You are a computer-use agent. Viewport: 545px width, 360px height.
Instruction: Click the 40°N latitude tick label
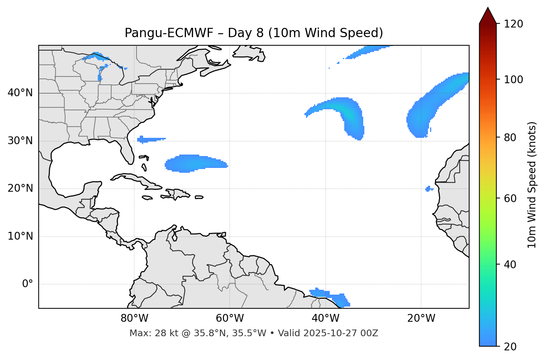20,93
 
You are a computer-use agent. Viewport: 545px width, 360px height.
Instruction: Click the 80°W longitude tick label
134,318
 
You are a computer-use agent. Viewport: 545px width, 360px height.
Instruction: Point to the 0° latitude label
28,284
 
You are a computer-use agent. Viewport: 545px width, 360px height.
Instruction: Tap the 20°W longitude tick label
421,318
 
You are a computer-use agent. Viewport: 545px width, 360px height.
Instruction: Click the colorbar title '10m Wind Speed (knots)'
532,185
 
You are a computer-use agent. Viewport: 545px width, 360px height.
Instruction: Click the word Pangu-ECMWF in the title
169,33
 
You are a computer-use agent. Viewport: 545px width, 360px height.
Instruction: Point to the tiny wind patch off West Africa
429,189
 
